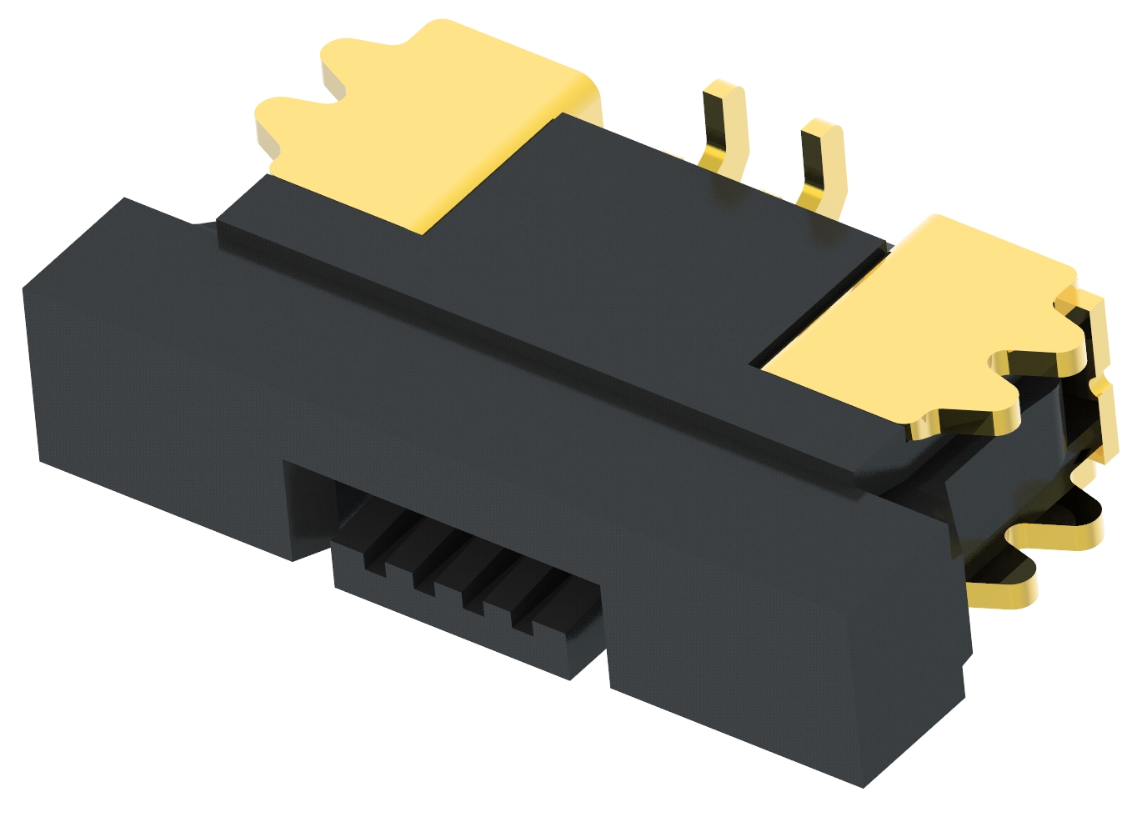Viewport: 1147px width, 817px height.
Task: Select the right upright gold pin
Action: click(x=820, y=163)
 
